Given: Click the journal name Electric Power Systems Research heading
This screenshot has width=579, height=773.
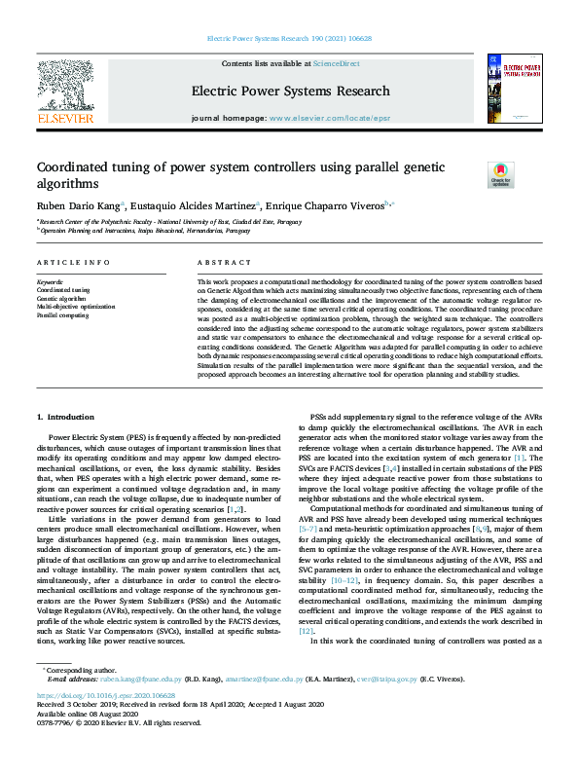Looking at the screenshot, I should click(290, 91).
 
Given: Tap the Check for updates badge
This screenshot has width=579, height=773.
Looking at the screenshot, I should click(500, 174).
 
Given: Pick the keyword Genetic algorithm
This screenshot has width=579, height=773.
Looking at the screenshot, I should click(61, 298).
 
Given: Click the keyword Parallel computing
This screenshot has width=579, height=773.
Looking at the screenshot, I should click(62, 315).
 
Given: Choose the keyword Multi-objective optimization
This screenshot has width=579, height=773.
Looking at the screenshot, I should click(76, 307).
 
